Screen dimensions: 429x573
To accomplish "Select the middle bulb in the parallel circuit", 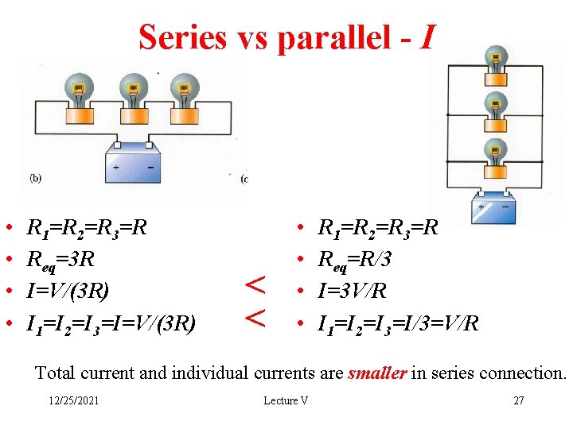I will pos(496,106).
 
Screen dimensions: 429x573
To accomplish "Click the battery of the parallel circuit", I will pos(494,209).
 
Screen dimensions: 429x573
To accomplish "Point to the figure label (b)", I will pos(36,179).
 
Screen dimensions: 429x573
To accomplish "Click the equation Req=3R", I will pos(62,259).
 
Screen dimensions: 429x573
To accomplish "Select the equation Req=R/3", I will pos(354,259).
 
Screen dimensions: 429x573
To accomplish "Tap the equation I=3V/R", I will pos(352,290).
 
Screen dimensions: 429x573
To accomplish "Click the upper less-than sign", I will pos(254,283).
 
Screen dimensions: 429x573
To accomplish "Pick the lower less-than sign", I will pos(254,317).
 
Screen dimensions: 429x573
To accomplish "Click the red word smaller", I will pos(377,373).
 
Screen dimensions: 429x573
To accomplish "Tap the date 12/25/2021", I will pos(72,400).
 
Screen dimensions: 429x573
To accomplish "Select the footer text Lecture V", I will pos(286,400).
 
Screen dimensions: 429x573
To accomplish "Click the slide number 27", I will pos(518,400).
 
